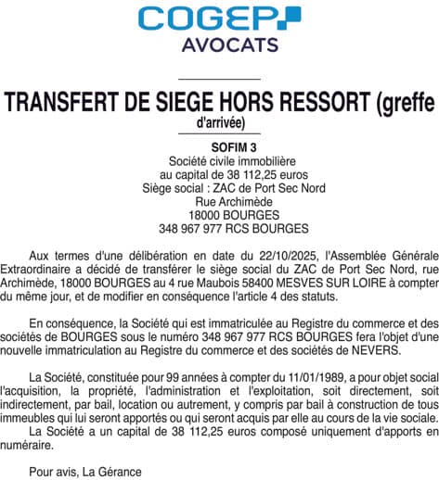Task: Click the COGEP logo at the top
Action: coord(219,18)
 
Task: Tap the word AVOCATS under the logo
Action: coord(219,44)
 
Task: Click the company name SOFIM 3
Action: coord(220,146)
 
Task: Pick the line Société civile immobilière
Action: coord(220,160)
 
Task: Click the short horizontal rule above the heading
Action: coord(220,80)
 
